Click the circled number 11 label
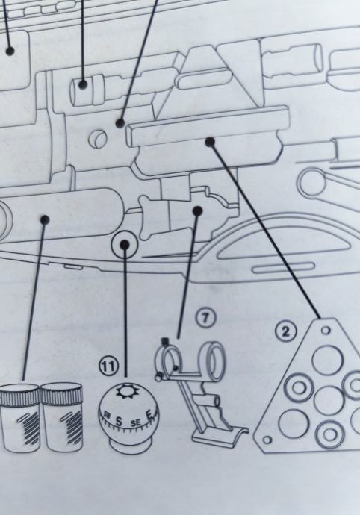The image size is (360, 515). pyautogui.click(x=108, y=366)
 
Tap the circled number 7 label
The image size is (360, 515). pyautogui.click(x=205, y=318)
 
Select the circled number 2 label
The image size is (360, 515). pyautogui.click(x=285, y=332)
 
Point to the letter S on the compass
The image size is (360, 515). pyautogui.click(x=119, y=422)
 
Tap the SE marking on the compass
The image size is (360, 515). pyautogui.click(x=135, y=422)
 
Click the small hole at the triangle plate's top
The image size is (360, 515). pyautogui.click(x=326, y=331)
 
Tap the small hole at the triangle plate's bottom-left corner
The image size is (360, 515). pyautogui.click(x=267, y=440)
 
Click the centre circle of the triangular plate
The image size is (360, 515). pyautogui.click(x=329, y=400)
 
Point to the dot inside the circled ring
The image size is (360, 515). pyautogui.click(x=125, y=244)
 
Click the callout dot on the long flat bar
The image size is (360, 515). pyautogui.click(x=210, y=142)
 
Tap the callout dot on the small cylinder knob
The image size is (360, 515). pyautogui.click(x=83, y=84)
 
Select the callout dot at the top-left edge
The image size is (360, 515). pyautogui.click(x=10, y=51)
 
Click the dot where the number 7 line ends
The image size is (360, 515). pyautogui.click(x=197, y=211)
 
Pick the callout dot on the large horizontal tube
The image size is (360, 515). pyautogui.click(x=45, y=219)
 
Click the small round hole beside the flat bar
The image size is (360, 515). pyautogui.click(x=98, y=138)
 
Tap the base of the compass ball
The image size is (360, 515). pyautogui.click(x=129, y=446)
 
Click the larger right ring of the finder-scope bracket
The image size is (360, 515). pyautogui.click(x=215, y=360)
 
